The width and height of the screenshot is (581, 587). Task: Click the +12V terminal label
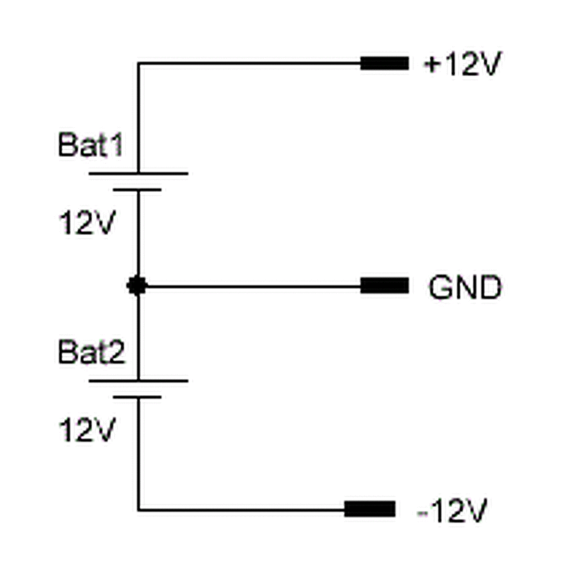click(462, 65)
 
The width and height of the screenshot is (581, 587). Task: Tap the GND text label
click(465, 288)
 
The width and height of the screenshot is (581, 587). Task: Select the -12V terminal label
click(453, 511)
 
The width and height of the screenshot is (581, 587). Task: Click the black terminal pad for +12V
click(384, 63)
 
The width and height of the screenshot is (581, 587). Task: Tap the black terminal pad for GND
click(384, 285)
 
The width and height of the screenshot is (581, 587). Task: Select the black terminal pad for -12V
click(370, 508)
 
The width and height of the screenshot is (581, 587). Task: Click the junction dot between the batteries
click(138, 285)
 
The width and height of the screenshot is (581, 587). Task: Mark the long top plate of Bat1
click(138, 173)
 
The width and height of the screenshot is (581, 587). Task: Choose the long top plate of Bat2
click(138, 380)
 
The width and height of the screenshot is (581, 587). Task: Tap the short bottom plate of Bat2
click(137, 396)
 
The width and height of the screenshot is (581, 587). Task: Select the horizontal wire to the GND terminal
click(252, 285)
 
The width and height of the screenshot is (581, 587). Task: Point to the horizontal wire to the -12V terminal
click(241, 509)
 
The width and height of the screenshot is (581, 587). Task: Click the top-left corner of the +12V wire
click(139, 63)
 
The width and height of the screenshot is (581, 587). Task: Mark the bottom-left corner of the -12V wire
click(139, 509)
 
